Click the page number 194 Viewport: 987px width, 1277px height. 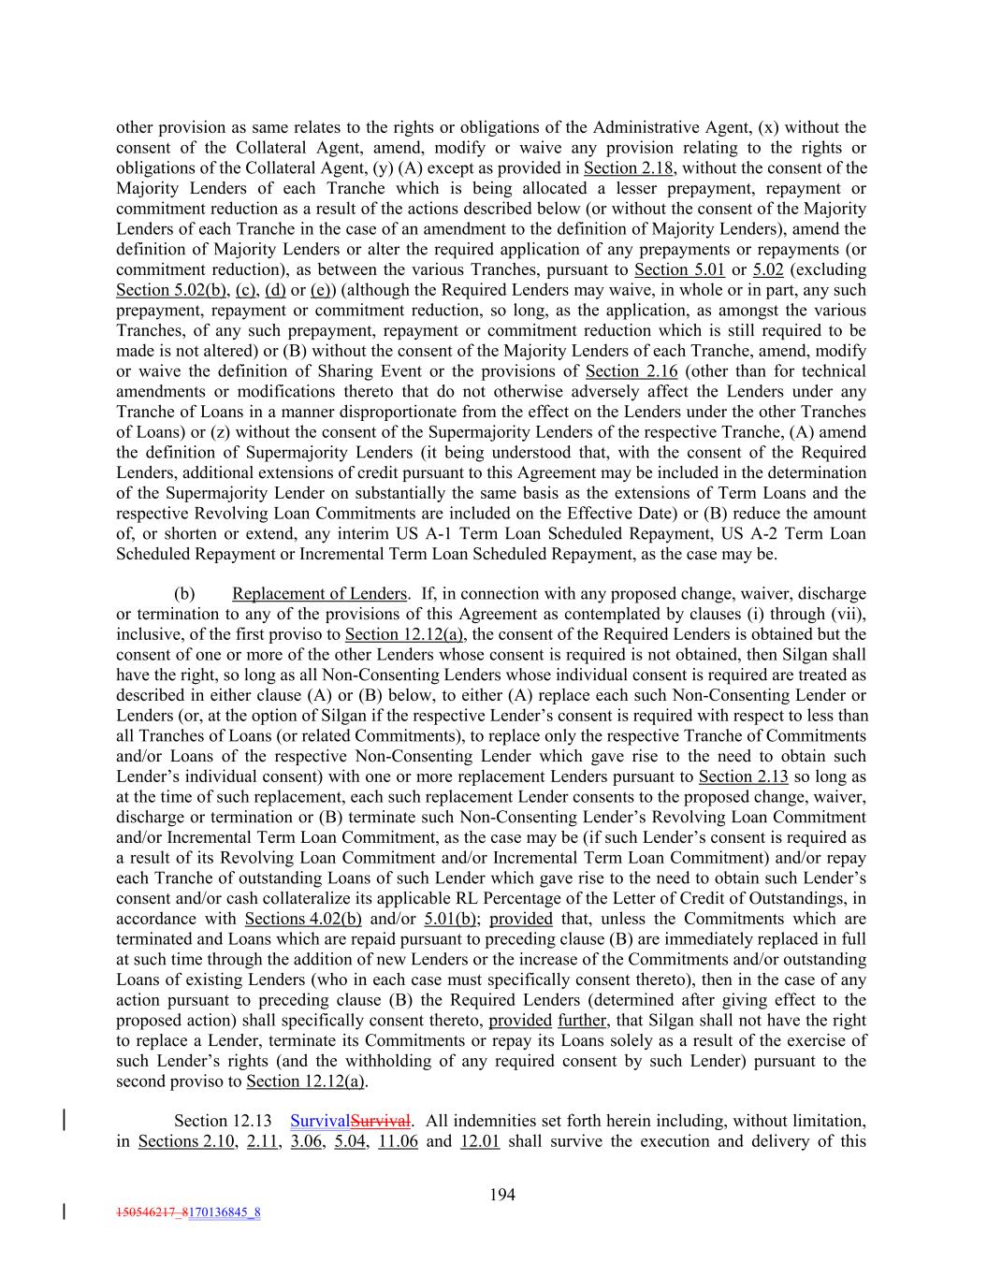[502, 1194]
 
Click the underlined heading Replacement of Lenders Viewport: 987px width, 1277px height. [319, 594]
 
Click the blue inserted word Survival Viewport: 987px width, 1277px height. [319, 1121]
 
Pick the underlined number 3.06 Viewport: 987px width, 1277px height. [306, 1141]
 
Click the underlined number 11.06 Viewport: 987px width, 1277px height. [398, 1141]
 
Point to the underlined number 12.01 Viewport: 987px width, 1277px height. [480, 1141]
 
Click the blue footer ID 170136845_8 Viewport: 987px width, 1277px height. [225, 1213]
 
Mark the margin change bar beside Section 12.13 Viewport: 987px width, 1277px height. [64, 1121]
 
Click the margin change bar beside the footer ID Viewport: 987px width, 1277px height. [64, 1212]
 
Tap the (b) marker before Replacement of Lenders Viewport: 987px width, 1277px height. [184, 594]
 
